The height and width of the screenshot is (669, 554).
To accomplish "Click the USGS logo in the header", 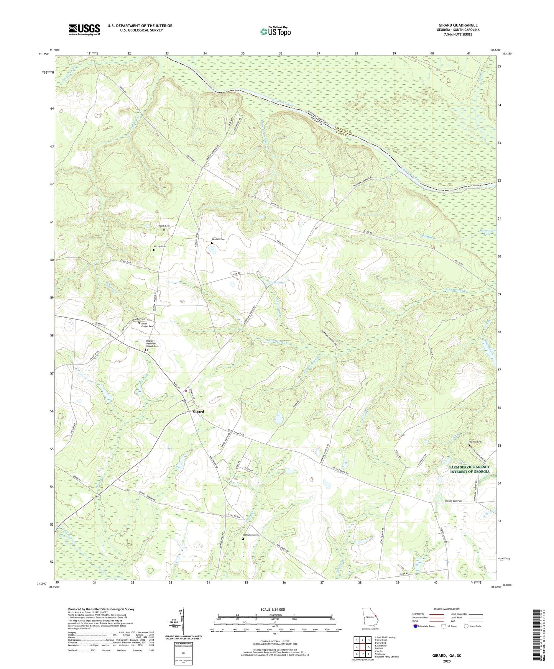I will point(84,30).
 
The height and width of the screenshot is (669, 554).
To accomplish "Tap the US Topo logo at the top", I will point(275,31).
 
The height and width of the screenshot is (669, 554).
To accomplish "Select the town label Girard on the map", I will point(198,412).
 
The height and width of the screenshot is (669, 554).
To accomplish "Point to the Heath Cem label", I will point(164,226).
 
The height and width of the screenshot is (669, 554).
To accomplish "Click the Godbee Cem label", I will point(218,239).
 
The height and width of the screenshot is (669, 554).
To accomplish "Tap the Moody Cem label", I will point(159,246).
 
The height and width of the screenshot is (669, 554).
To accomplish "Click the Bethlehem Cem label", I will point(251,535).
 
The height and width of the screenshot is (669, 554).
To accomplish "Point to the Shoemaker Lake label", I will point(487,232).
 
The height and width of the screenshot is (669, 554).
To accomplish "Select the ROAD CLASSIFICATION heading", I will point(447,609).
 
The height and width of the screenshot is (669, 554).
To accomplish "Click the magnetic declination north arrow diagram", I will point(182,622).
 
